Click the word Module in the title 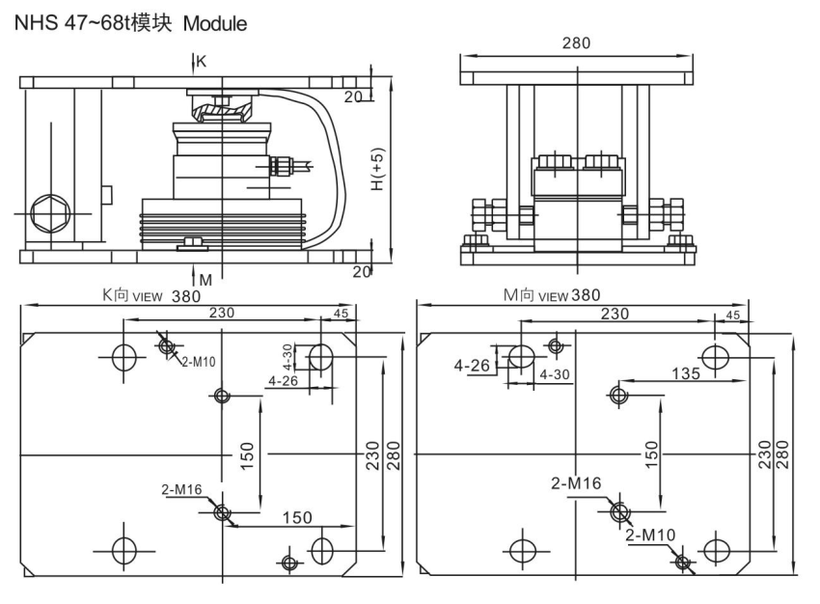tap(215, 24)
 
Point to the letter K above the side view tap(201, 62)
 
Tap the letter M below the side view tap(205, 281)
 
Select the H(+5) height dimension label tap(378, 169)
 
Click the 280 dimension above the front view tap(576, 42)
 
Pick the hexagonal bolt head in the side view tap(49, 213)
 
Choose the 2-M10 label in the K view tap(198, 362)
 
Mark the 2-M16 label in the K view tap(181, 489)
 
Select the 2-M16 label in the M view tap(576, 482)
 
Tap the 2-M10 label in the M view tap(650, 535)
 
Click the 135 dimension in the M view tap(686, 373)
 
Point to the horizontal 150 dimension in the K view tap(297, 517)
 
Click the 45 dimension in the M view tap(733, 315)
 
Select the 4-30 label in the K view tap(287, 357)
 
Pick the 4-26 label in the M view tap(473, 366)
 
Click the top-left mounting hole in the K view tap(123, 358)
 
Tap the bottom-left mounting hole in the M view tap(523, 551)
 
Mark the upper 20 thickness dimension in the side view tap(353, 97)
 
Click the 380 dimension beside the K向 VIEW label tap(186, 296)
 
